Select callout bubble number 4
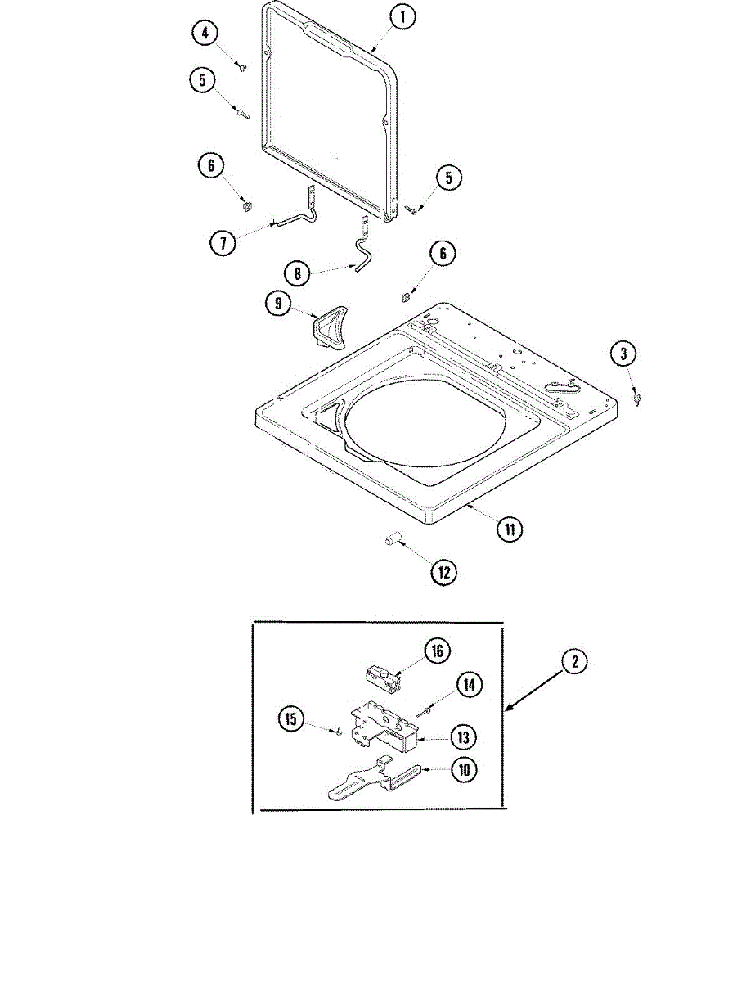(205, 34)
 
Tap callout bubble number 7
(222, 242)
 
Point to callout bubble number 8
(297, 273)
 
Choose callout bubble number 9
(278, 304)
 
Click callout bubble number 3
(623, 354)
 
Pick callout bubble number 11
(509, 529)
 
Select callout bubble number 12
(443, 572)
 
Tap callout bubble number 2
(575, 662)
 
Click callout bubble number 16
(437, 651)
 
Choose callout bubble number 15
(290, 719)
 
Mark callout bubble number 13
(463, 737)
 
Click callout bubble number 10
(463, 770)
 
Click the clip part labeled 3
(636, 399)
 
